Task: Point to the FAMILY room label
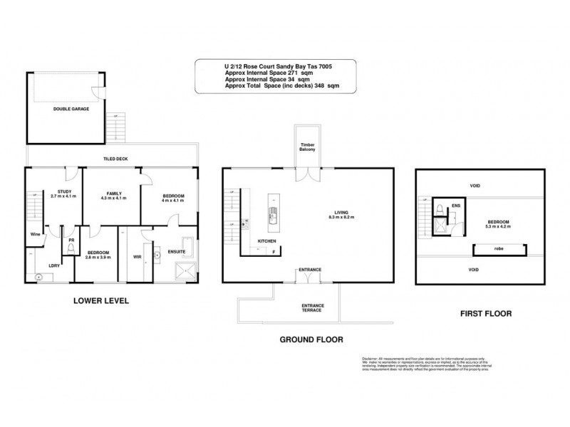(x=111, y=194)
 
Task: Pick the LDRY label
(x=54, y=265)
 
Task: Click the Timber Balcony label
(x=307, y=147)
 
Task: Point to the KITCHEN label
(x=266, y=241)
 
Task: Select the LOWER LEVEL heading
(x=101, y=301)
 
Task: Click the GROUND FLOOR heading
(x=308, y=341)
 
